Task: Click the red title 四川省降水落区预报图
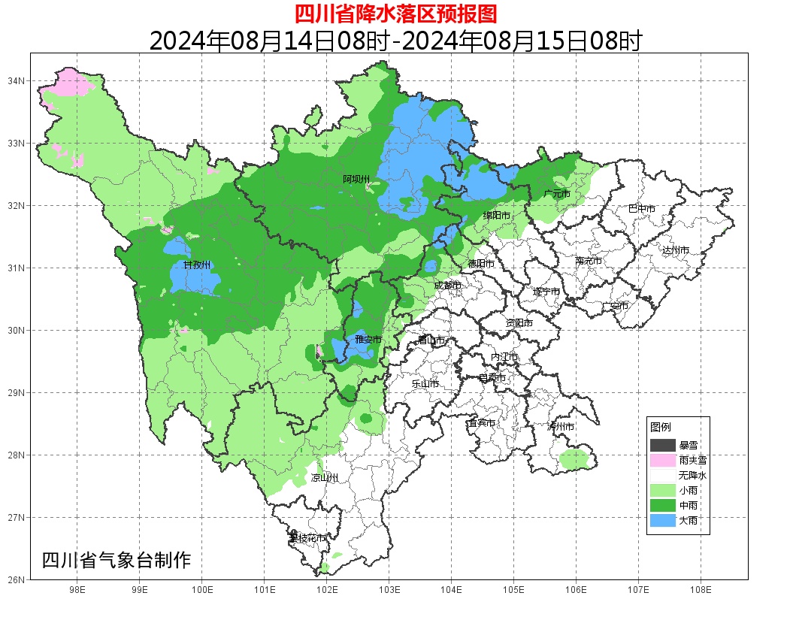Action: click(395, 13)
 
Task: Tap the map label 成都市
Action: click(447, 286)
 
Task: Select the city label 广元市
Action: click(556, 194)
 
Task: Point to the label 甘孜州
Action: click(197, 265)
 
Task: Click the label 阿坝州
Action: click(356, 179)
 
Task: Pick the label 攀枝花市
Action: click(307, 538)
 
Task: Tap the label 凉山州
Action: click(325, 478)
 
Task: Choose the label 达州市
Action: click(676, 250)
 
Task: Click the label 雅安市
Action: click(368, 340)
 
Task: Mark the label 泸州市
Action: click(561, 426)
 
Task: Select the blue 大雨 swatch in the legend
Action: click(662, 520)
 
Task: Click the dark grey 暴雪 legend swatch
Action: click(662, 446)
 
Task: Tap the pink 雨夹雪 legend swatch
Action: click(662, 460)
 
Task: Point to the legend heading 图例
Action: click(660, 427)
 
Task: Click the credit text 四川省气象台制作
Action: click(117, 560)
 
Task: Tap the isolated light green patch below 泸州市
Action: click(574, 458)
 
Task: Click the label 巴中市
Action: click(641, 209)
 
